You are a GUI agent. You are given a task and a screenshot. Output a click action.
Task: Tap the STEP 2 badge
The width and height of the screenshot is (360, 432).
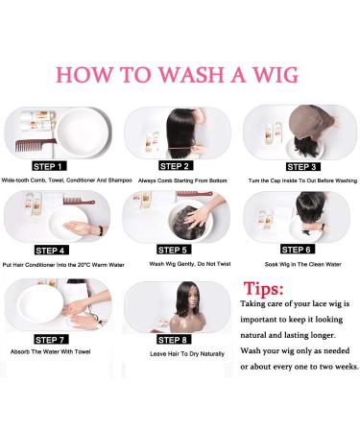point(174,166)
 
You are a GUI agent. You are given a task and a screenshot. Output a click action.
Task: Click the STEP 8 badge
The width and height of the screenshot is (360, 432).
point(174,340)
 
